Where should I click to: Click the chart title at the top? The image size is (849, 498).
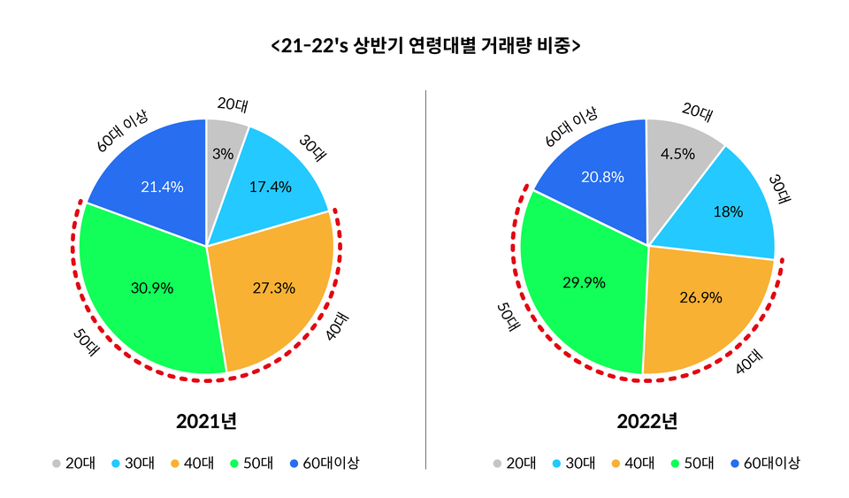pos(425,45)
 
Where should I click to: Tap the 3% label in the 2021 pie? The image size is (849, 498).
pos(223,154)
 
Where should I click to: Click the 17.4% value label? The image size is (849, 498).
pos(271,187)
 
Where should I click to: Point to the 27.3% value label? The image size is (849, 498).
pos(273,287)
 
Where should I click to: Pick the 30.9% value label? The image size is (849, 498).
pos(151,287)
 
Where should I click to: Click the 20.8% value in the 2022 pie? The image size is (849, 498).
pos(602,177)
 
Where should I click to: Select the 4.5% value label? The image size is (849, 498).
pos(678,153)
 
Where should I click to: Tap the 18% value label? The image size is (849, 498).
pos(729,212)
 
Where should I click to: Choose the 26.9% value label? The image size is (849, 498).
pos(700,297)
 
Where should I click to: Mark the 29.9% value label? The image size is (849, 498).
pos(584,283)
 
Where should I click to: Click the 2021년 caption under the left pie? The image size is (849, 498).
pos(206,420)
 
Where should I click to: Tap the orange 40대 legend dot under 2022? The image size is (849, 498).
pos(616,463)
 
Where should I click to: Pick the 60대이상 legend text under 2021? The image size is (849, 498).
pos(332,463)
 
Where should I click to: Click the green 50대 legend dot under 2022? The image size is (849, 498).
pos(677,463)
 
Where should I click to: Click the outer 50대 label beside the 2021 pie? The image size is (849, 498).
pos(86,344)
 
